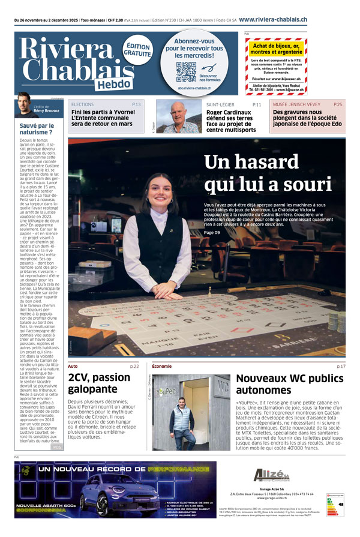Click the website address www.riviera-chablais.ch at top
(x=273, y=20)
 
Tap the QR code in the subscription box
(x=186, y=72)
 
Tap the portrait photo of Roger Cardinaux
(x=178, y=116)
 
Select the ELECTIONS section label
(x=82, y=104)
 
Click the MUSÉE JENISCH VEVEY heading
(x=296, y=104)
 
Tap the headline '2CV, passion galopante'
(x=99, y=383)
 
